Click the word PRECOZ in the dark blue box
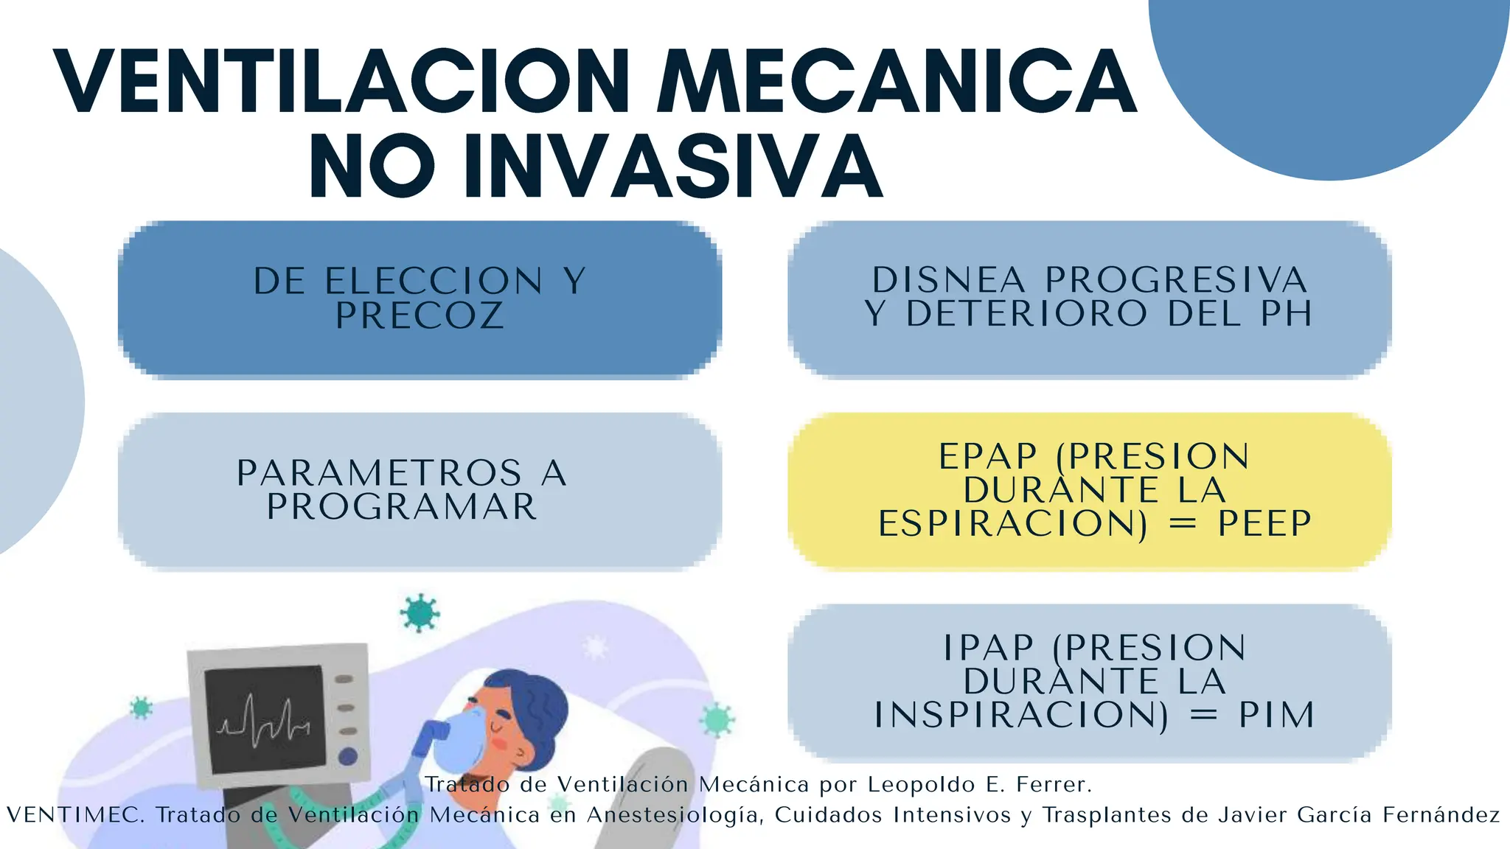pos(420,316)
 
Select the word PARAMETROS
pos(380,473)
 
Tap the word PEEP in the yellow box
pos(1264,524)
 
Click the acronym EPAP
pos(988,457)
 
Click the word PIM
pos(1277,716)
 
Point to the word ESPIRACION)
pos(1013,524)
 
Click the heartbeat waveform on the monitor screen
pos(263,719)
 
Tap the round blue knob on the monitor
pos(347,756)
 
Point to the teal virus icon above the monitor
pos(420,612)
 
